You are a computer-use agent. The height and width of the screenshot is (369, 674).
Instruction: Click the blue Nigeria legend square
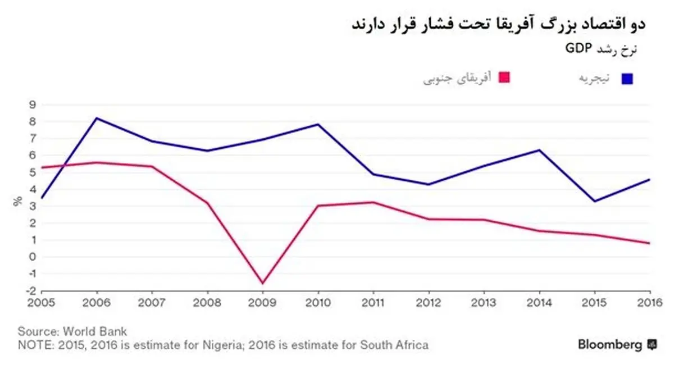click(x=627, y=79)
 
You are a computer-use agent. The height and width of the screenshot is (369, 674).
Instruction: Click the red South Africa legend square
click(x=504, y=78)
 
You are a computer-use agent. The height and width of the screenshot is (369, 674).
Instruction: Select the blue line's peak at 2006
click(x=97, y=118)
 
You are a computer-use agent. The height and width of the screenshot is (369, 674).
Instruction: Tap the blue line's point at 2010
click(x=318, y=124)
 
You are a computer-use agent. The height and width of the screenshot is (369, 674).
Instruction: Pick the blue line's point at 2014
click(x=539, y=150)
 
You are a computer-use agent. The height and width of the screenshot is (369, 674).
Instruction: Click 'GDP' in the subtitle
click(x=575, y=49)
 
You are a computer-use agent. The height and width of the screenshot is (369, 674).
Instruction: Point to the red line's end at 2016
click(x=649, y=243)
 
